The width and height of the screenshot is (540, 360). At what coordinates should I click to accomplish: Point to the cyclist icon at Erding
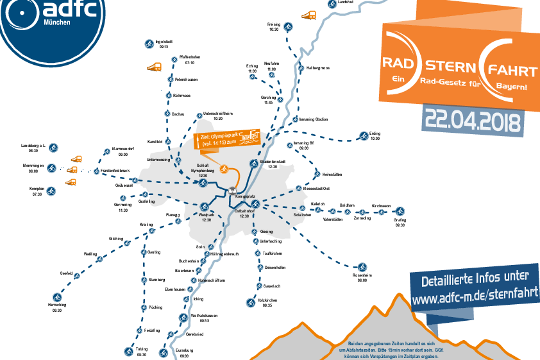click(x=360, y=136)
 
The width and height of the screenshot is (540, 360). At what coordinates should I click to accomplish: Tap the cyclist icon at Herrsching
click(x=57, y=298)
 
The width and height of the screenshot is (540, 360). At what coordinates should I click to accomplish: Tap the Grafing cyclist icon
click(x=400, y=211)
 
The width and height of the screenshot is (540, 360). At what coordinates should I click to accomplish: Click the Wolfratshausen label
click(x=205, y=315)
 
